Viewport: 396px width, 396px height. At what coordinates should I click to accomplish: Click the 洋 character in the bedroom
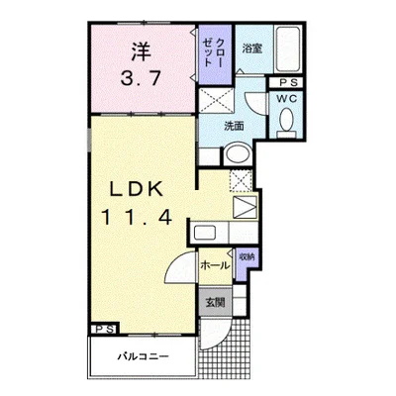click(x=141, y=52)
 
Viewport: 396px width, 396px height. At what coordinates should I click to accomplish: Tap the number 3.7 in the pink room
click(x=141, y=79)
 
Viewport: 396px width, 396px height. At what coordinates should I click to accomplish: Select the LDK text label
click(x=137, y=189)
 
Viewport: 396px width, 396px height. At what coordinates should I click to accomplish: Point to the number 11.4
click(x=137, y=218)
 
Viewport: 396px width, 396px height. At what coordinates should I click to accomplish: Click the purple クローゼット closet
click(x=215, y=54)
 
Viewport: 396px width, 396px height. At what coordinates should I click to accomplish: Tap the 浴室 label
click(x=252, y=49)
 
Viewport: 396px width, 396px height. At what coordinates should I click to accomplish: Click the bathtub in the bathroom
click(x=288, y=49)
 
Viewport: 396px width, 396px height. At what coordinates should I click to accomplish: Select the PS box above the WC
click(x=286, y=82)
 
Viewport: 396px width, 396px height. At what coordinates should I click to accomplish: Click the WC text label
click(x=286, y=99)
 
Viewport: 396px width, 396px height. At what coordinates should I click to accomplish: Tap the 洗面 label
click(x=234, y=126)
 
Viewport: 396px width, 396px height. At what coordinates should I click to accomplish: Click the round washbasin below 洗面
click(x=238, y=154)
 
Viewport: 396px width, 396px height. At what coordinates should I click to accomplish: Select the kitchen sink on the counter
click(x=205, y=233)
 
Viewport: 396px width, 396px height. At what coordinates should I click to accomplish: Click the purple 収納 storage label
click(x=247, y=256)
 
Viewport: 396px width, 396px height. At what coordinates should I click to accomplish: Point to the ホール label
click(x=215, y=265)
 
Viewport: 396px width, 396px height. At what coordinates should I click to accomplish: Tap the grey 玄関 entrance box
click(x=216, y=302)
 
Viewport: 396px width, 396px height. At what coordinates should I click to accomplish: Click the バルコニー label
click(x=144, y=356)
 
